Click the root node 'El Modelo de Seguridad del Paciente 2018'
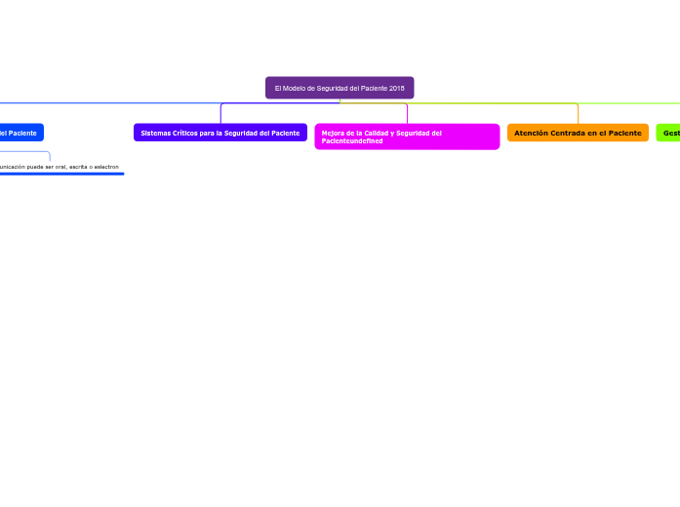click(x=340, y=88)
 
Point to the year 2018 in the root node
click(x=396, y=88)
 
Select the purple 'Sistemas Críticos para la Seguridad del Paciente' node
click(x=220, y=133)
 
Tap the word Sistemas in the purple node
click(x=156, y=133)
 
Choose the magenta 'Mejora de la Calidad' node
click(x=407, y=136)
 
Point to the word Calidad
click(x=374, y=133)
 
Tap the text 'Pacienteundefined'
click(x=352, y=141)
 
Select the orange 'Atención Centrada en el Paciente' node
click(x=578, y=133)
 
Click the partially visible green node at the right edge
click(x=669, y=133)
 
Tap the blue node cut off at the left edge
click(x=20, y=133)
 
